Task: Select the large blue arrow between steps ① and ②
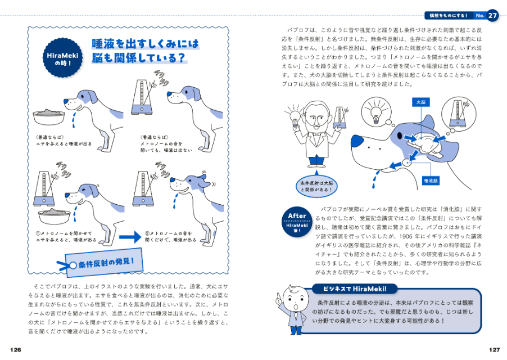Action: point(126,237)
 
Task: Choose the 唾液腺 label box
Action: point(431,181)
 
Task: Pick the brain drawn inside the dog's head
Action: point(428,142)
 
